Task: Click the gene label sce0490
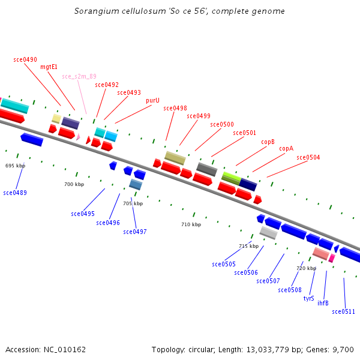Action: tap(25, 60)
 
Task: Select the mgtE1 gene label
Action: tap(49, 67)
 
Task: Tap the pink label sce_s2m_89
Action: tap(79, 77)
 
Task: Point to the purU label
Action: tap(152, 101)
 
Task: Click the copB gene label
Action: tap(268, 142)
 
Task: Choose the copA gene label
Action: tap(286, 149)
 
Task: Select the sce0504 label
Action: tap(308, 158)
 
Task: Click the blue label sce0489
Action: tap(15, 193)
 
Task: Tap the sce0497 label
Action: tap(135, 232)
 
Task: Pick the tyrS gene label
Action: tap(308, 298)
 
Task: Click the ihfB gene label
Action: tap(323, 303)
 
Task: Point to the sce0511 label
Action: tap(344, 311)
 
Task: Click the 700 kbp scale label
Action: tap(74, 184)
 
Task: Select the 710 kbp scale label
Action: tap(191, 225)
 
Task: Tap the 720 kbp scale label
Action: tap(306, 268)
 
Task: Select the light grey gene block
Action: tap(268, 232)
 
